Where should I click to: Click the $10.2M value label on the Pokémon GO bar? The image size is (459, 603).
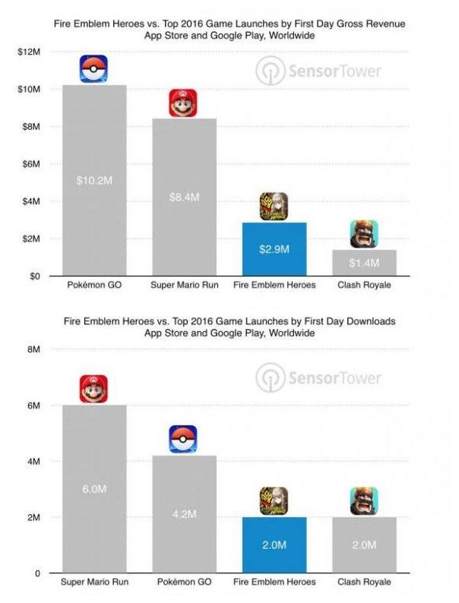click(x=94, y=181)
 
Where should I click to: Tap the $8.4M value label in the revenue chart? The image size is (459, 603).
click(x=184, y=197)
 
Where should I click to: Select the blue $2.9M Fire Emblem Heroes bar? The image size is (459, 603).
click(x=274, y=249)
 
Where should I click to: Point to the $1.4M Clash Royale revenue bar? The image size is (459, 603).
click(x=363, y=263)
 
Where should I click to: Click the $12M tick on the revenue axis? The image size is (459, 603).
click(x=30, y=52)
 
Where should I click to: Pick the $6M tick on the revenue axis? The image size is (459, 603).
click(x=32, y=164)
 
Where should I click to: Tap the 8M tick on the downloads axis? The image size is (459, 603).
click(x=33, y=349)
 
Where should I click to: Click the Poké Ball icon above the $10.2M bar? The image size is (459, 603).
click(x=94, y=69)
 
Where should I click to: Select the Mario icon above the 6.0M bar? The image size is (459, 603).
click(x=94, y=390)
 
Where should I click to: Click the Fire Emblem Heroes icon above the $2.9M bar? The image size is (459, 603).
click(x=274, y=207)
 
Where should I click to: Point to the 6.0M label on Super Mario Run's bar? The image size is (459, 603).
click(x=94, y=488)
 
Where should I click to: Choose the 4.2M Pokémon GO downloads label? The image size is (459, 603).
click(x=184, y=514)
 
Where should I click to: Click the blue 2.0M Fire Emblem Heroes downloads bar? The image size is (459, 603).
click(x=274, y=545)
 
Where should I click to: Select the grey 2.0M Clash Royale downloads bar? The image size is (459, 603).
click(x=363, y=545)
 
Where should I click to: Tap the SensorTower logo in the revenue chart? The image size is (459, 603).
click(x=318, y=72)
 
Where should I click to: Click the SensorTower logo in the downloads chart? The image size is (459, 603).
click(x=318, y=377)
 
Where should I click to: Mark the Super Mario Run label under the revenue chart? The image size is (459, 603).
click(x=184, y=286)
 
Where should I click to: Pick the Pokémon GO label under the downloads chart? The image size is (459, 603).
click(x=184, y=583)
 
